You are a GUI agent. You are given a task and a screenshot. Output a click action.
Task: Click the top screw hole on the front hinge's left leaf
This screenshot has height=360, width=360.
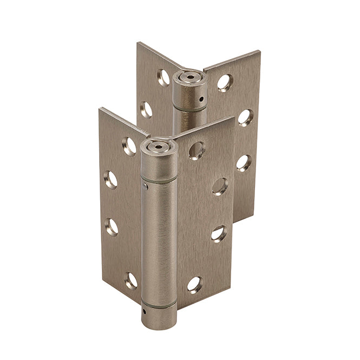129,146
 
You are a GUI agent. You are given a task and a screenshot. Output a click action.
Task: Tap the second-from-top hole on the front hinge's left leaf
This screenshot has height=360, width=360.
111,180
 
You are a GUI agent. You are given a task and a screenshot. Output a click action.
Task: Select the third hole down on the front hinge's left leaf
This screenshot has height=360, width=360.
112,226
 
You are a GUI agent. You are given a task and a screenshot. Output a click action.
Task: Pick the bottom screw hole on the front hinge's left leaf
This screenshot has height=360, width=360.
130,280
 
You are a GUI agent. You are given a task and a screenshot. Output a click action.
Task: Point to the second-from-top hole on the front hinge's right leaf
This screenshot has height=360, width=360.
220,186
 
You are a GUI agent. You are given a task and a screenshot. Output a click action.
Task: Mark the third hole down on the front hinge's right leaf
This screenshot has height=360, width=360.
218,234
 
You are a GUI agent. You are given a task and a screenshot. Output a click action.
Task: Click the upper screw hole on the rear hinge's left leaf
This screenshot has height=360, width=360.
163,78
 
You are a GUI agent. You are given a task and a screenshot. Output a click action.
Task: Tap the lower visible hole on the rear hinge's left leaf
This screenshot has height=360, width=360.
146,110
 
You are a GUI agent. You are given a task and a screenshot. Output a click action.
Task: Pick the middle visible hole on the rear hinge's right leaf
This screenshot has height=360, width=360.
245,117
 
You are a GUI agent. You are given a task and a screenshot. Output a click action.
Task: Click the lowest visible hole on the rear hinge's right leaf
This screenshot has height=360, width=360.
244,162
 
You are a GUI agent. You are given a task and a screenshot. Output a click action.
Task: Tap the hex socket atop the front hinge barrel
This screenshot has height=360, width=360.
158,146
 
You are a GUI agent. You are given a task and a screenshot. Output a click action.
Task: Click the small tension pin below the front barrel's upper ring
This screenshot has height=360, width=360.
145,187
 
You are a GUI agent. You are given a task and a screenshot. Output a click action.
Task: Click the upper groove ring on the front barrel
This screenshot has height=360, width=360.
159,178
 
